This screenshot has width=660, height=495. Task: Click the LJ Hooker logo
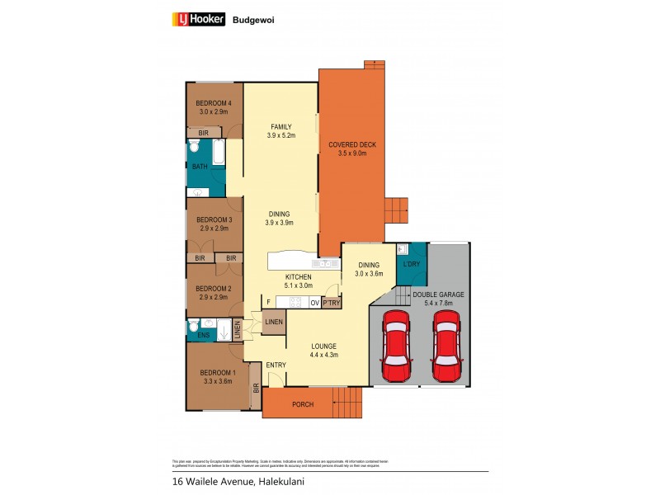pyautogui.click(x=198, y=20)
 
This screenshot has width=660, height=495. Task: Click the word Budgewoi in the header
pyautogui.click(x=251, y=20)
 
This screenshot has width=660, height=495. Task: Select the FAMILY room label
pyautogui.click(x=280, y=126)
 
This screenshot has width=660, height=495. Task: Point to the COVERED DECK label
pyautogui.click(x=352, y=144)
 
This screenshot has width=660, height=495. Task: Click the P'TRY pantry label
pyautogui.click(x=331, y=303)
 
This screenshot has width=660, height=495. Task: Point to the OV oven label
pyautogui.click(x=314, y=303)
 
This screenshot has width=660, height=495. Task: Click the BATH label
pyautogui.click(x=200, y=167)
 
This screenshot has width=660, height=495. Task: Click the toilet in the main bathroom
pyautogui.click(x=193, y=148)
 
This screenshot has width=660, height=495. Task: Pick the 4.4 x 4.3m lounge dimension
pyautogui.click(x=323, y=355)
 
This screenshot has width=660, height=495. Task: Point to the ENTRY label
pyautogui.click(x=276, y=365)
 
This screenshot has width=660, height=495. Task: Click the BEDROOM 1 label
pyautogui.click(x=218, y=372)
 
